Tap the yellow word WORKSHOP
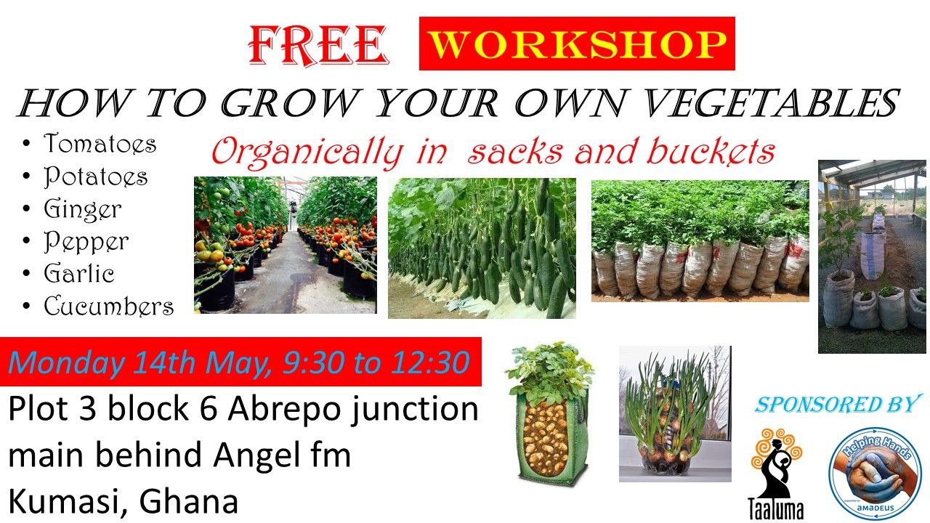577,44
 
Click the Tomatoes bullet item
100,144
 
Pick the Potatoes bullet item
95,177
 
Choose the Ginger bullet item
82,209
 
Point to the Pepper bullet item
86,242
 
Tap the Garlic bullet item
79,274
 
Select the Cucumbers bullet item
108,307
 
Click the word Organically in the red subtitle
306,153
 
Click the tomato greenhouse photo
285,245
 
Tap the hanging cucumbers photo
482,248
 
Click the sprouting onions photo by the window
675,413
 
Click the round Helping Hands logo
875,472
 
